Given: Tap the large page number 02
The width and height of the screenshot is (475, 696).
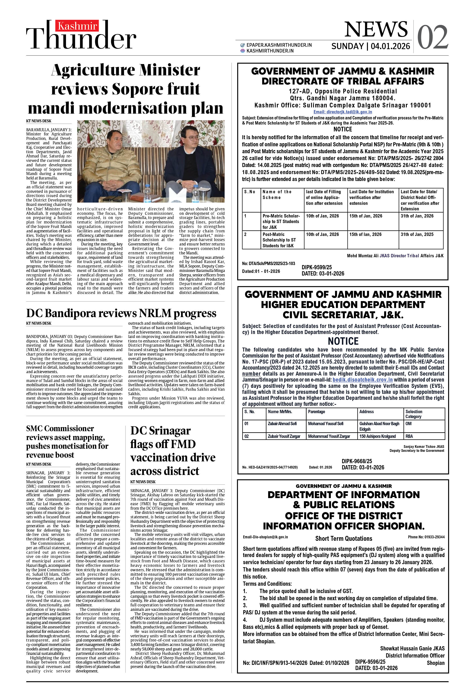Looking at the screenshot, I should coord(433,37).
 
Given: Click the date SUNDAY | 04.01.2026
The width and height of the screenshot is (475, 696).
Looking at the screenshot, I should coord(371,46).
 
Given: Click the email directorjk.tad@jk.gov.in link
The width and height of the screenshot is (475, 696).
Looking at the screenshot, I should coord(343,112).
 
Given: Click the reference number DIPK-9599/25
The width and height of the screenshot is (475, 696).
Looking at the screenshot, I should coord(317,267).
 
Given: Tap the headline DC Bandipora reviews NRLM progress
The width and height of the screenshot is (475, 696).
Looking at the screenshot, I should coord(121,313).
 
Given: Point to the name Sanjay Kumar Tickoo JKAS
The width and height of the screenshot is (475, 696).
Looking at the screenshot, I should coord(423,447).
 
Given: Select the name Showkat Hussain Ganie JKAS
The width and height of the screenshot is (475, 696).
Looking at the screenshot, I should coord(412,648).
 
